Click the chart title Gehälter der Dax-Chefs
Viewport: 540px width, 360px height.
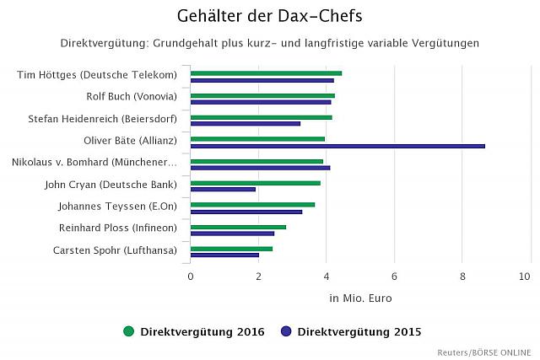(270, 16)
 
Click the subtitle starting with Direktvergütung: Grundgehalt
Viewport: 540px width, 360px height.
(270, 43)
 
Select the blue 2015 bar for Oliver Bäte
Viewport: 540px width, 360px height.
(337, 146)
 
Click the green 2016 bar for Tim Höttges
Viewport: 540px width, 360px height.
(266, 73)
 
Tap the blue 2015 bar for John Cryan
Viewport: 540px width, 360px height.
(223, 189)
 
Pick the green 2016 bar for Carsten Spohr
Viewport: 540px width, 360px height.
(231, 248)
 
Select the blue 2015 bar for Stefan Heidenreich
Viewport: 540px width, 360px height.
(246, 124)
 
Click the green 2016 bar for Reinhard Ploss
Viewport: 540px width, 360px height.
(238, 226)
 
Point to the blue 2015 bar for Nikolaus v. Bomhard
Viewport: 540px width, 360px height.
(260, 168)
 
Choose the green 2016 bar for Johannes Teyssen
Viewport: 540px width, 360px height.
(252, 204)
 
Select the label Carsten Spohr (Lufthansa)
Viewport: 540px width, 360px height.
(115, 250)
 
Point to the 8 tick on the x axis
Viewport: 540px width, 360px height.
(462, 277)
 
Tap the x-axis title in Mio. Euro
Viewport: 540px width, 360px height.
(360, 298)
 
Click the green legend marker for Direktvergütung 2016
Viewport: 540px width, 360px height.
(129, 331)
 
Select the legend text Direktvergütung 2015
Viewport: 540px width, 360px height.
(359, 331)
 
